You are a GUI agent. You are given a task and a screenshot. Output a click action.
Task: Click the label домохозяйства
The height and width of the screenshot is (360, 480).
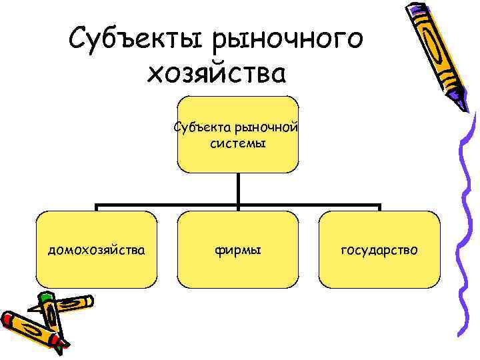click(97, 250)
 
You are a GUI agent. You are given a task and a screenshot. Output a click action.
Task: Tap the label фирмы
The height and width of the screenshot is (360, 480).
click(238, 250)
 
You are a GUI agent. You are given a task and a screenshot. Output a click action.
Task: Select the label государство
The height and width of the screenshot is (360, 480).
click(379, 250)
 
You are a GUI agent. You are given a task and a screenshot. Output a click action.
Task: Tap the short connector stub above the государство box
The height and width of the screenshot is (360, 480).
click(379, 208)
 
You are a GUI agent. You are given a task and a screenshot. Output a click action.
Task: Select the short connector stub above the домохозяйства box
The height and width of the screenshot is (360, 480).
click(97, 208)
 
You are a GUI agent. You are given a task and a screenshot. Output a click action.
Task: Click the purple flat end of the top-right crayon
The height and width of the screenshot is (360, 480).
click(413, 8)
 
